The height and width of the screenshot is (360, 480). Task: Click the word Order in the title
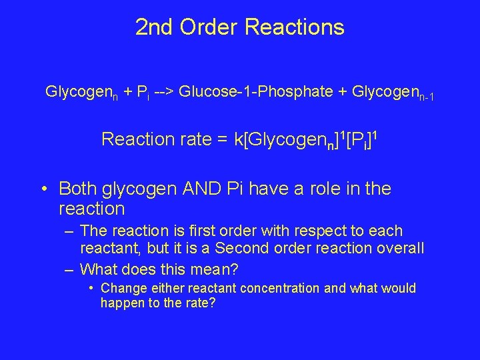(x=209, y=27)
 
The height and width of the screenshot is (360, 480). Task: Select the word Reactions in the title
(x=294, y=27)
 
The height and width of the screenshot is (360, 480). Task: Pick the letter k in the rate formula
(x=239, y=139)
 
